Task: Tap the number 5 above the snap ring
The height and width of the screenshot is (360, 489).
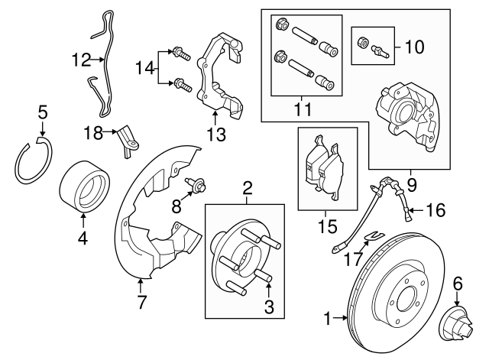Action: (43, 114)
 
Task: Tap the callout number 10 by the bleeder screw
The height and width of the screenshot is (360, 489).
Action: (413, 47)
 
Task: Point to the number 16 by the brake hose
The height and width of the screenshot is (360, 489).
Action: (435, 207)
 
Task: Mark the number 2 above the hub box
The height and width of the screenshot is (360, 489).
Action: (247, 187)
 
